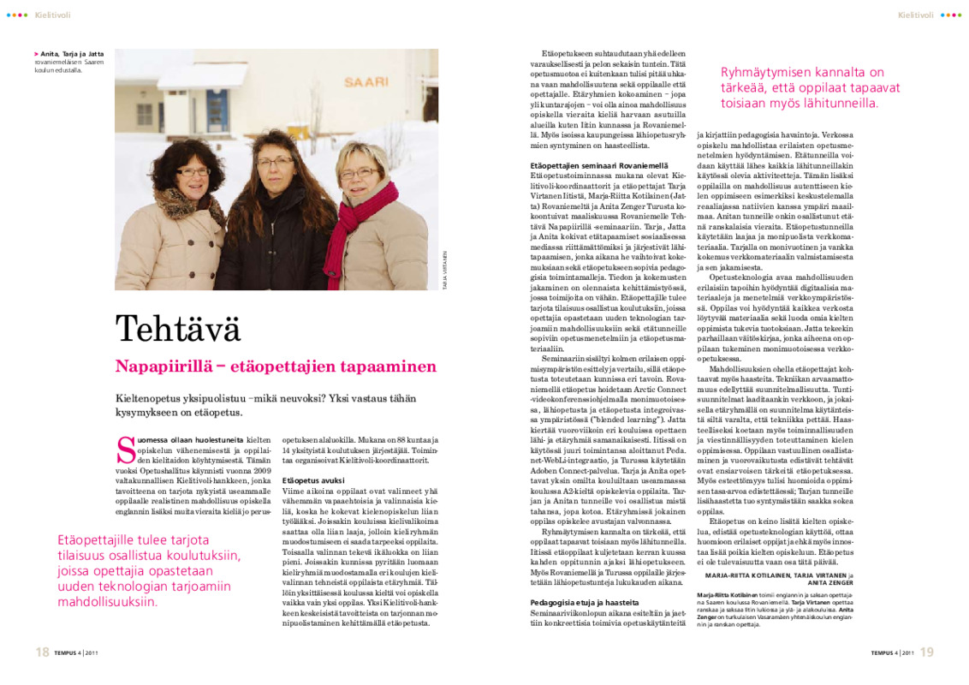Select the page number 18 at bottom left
point(41,652)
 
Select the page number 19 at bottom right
point(927,652)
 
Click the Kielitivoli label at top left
point(53,15)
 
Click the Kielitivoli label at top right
point(915,15)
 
